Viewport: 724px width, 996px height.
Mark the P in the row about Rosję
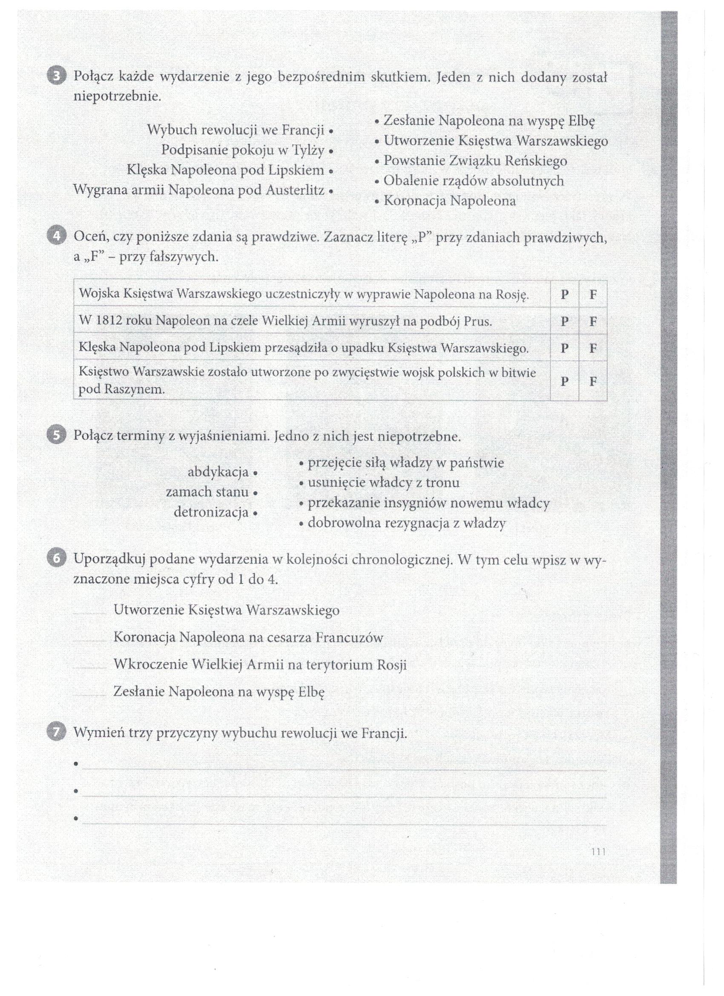(x=564, y=294)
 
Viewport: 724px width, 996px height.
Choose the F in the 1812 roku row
(x=593, y=322)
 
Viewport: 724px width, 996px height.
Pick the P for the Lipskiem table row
(x=564, y=348)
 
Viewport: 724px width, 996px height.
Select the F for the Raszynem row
(x=593, y=381)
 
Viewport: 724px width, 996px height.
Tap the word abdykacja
(x=218, y=472)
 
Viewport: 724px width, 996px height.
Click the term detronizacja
(x=211, y=512)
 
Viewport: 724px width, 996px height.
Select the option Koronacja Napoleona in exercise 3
(x=450, y=201)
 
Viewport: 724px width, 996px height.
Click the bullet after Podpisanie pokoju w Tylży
(x=330, y=152)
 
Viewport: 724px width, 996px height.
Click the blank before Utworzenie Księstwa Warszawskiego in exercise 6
(x=90, y=611)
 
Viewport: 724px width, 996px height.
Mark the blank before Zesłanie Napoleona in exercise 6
(x=90, y=693)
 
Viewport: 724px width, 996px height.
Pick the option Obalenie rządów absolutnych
(x=473, y=181)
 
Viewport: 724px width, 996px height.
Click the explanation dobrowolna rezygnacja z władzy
(x=407, y=523)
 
